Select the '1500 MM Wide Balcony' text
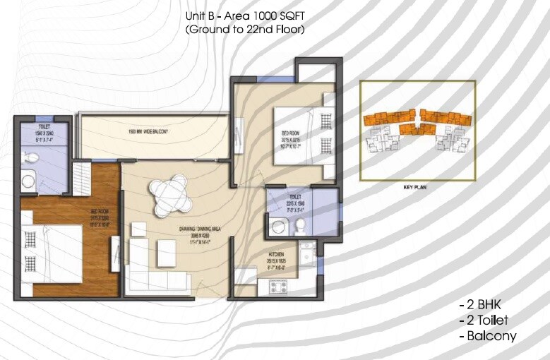pos(148,132)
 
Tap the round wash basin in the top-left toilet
pos(28,181)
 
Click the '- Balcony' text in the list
pos(487,336)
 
